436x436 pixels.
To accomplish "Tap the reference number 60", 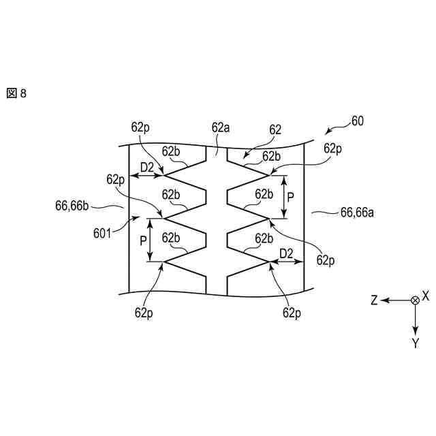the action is [357, 122].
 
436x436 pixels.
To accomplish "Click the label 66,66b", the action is [74, 203].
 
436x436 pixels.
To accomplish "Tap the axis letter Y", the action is [415, 343].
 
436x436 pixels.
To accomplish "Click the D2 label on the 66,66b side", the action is [147, 167].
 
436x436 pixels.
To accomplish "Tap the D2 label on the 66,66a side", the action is [286, 253].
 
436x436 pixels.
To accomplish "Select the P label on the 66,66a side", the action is [291, 197].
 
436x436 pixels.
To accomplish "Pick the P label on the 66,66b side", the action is [143, 240].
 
